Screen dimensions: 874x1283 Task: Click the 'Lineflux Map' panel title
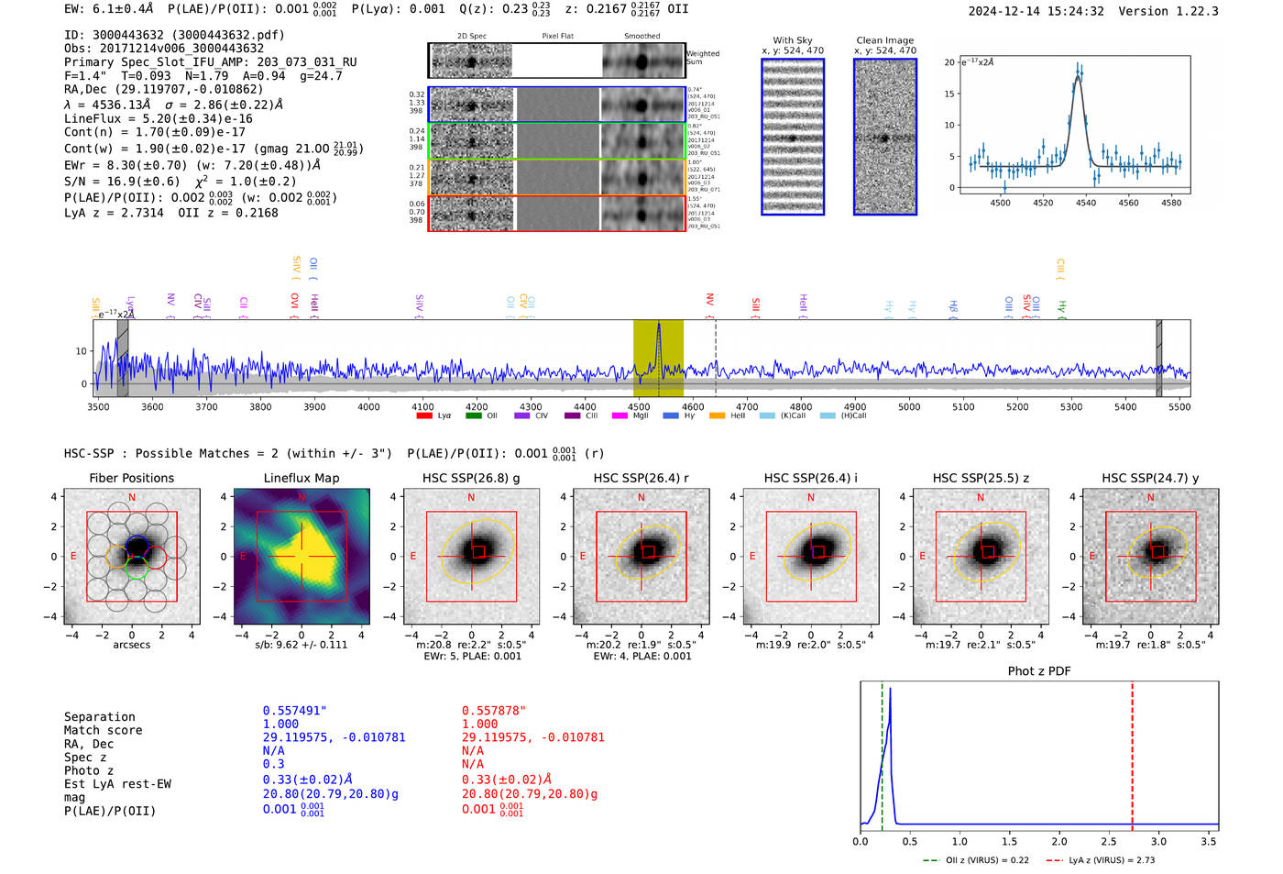(301, 478)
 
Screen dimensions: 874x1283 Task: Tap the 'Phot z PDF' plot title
(1039, 671)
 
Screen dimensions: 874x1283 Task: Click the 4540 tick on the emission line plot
(1086, 203)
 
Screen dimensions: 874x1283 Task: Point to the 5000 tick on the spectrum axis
(909, 406)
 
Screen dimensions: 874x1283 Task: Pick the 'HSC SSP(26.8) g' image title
(471, 478)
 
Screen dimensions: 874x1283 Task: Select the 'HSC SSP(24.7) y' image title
(1150, 478)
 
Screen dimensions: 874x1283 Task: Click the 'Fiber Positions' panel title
(131, 478)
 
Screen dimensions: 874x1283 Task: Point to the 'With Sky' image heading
(793, 40)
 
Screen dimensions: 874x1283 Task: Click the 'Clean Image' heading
(884, 40)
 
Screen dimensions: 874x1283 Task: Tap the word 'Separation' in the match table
(99, 717)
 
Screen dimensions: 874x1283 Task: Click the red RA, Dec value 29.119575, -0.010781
(532, 737)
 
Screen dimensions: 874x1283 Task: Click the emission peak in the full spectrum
(658, 326)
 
